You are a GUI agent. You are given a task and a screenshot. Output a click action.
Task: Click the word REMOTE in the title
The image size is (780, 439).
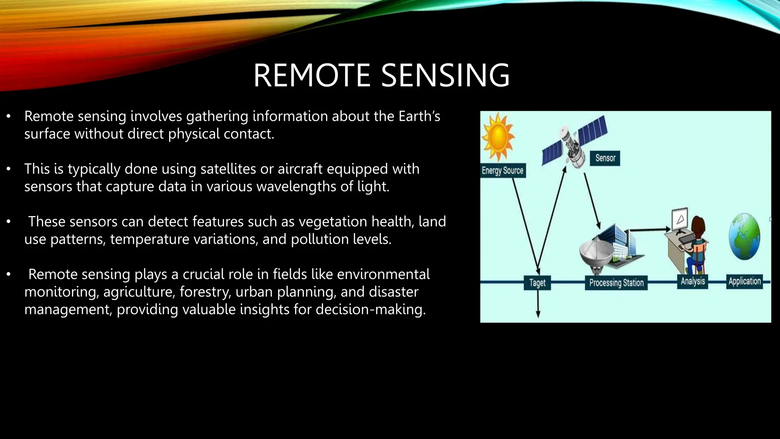tap(312, 75)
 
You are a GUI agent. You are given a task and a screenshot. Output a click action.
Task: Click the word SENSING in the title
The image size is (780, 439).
tap(445, 75)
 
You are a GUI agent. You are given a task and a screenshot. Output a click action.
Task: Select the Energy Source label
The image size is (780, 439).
tap(503, 170)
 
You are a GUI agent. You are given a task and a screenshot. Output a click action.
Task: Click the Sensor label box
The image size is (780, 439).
tap(605, 158)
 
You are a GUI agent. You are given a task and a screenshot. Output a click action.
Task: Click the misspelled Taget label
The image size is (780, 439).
tap(537, 283)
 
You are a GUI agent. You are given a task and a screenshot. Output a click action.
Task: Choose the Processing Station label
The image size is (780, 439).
tap(616, 283)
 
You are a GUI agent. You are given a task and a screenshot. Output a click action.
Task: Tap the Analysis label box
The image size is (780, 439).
tap(693, 281)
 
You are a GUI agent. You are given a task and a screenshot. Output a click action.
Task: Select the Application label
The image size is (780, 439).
tap(745, 281)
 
